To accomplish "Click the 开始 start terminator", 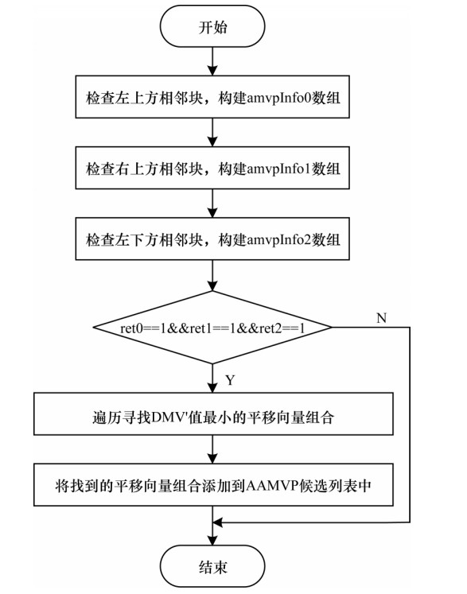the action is (212, 26).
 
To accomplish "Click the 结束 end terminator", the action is (212, 567).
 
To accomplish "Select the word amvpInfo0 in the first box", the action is (278, 98).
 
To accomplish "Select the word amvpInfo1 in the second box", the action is (278, 169).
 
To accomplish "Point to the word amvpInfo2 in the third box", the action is (278, 240).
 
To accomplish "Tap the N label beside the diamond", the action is (381, 318).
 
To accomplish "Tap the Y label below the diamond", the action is (230, 380).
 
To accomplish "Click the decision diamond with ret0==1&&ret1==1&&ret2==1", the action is (212, 328).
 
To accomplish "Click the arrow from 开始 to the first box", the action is (212, 61).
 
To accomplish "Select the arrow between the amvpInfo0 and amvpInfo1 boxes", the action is (212, 132).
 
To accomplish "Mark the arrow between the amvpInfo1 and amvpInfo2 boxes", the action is (212, 203).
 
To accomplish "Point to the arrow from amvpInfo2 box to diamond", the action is (212, 275).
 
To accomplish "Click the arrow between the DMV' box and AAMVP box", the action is (212, 449).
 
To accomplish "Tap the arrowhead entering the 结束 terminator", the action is (212, 541).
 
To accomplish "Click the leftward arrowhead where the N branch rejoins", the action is (218, 522).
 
